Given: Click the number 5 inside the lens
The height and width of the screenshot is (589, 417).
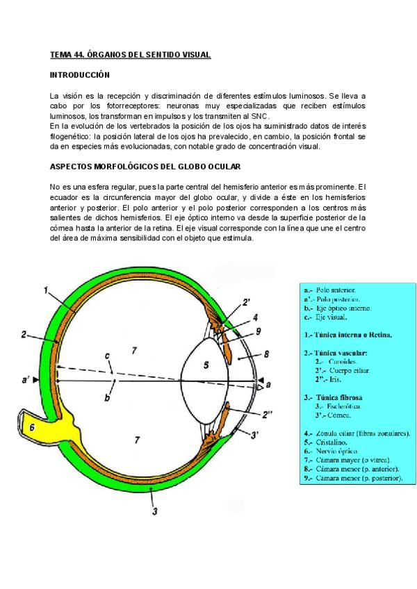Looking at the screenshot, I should (x=205, y=364).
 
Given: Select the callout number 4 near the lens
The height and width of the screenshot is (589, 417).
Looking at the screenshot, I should (x=255, y=317).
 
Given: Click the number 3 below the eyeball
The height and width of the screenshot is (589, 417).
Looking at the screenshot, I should (x=154, y=512).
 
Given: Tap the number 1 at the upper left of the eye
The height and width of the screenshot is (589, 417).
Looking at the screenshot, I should (x=46, y=291).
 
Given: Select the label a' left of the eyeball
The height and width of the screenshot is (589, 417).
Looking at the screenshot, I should (x=26, y=381).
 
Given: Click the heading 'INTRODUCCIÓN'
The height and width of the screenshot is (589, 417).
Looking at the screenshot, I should (x=80, y=74).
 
